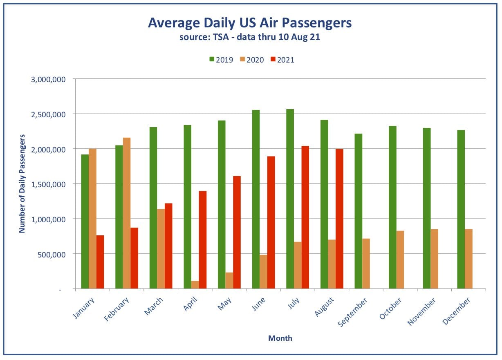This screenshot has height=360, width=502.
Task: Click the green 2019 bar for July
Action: tap(290, 199)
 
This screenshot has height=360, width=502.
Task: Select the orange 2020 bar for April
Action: tap(195, 284)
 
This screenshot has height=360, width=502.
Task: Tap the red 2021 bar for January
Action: tap(100, 262)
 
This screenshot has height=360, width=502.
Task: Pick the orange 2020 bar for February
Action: tap(127, 213)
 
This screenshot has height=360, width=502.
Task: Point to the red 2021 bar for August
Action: tap(339, 219)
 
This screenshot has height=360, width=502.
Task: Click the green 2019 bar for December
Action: tap(461, 209)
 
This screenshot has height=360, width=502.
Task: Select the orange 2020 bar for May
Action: tap(229, 280)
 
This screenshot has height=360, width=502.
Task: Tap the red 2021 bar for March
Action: tap(168, 246)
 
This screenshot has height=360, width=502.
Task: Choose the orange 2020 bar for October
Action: tap(400, 259)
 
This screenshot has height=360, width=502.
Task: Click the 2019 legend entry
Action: tap(221, 60)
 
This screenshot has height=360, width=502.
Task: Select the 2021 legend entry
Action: tap(282, 60)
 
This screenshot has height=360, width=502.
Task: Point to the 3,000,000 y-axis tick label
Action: tap(48, 79)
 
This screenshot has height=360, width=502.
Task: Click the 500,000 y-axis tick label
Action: tap(52, 255)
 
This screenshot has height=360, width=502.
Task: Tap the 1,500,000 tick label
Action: tap(48, 184)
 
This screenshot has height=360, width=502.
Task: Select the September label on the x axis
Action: tap(352, 312)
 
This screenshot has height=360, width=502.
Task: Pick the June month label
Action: tap(258, 304)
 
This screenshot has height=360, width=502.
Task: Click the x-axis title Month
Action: tap(280, 338)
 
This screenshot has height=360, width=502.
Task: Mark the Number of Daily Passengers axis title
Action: tap(22, 184)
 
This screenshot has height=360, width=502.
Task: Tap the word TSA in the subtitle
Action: tap(221, 37)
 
